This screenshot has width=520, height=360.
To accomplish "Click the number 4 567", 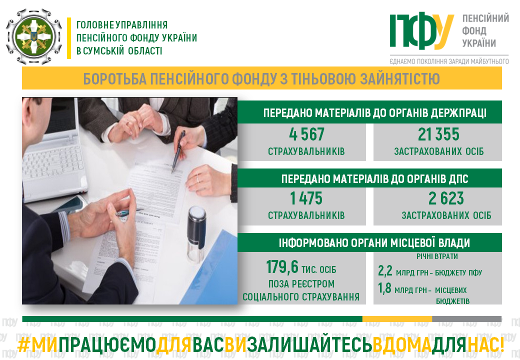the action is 306,134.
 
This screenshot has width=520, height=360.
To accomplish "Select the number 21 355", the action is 438,134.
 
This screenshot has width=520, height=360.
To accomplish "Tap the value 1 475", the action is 306,198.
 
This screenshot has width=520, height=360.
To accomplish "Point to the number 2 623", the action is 446,198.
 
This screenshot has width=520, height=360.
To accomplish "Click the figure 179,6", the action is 282,267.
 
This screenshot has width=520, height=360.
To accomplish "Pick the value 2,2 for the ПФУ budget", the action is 385,271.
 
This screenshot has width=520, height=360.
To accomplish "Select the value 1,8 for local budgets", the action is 384,288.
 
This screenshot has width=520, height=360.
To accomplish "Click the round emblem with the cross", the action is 34,36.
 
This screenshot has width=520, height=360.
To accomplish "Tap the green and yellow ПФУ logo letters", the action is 421,31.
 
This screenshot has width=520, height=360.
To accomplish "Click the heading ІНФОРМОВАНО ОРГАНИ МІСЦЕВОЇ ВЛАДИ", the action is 374,243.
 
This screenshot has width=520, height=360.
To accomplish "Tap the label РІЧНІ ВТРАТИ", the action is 437,256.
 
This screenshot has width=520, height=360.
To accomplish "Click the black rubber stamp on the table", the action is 196,233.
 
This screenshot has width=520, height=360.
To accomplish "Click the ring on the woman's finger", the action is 198,178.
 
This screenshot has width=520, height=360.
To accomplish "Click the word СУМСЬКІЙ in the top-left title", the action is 103,51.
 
